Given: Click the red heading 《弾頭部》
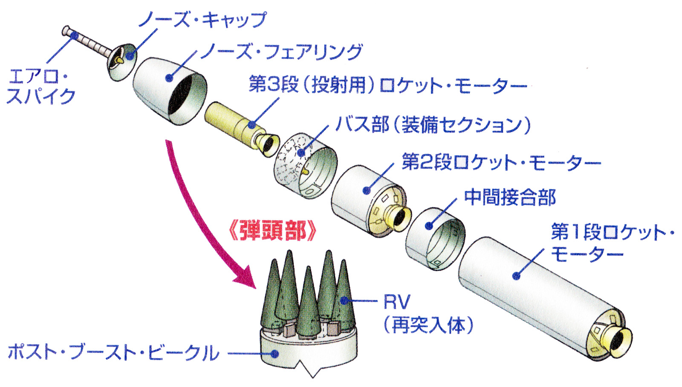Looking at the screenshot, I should pyautogui.click(x=273, y=232).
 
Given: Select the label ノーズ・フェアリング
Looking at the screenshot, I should pyautogui.click(x=281, y=52).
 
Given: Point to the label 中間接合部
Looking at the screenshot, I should pyautogui.click(x=510, y=197).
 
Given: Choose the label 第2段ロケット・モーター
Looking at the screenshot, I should pyautogui.click(x=501, y=162).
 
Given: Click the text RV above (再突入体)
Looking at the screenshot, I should pyautogui.click(x=396, y=302).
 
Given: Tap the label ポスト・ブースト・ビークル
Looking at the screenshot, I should pyautogui.click(x=113, y=353).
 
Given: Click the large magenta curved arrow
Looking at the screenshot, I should pyautogui.click(x=192, y=213).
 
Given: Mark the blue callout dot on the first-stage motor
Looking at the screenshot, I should pyautogui.click(x=516, y=276).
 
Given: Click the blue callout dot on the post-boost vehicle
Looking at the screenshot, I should pyautogui.click(x=275, y=353).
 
